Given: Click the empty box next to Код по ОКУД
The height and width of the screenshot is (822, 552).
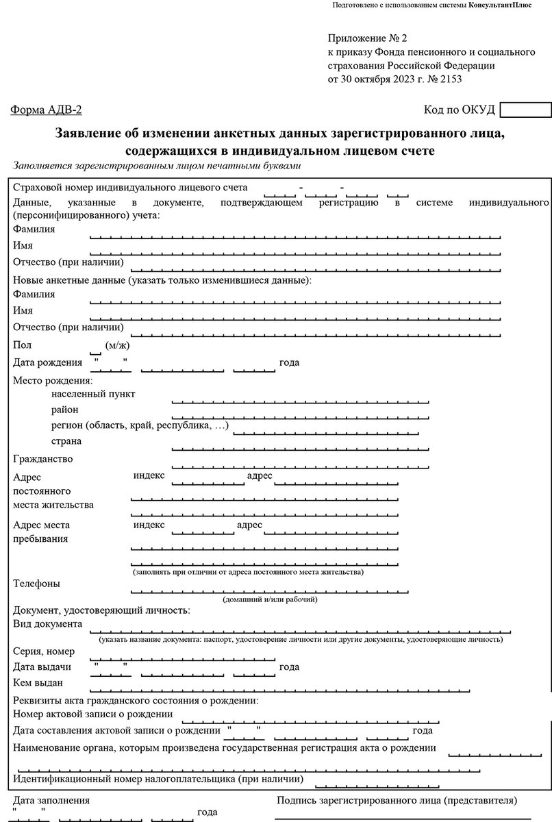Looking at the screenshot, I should click(525, 110).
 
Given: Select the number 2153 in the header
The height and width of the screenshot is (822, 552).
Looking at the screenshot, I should click(450, 79).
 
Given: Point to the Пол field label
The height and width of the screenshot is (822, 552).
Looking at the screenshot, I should click(22, 345).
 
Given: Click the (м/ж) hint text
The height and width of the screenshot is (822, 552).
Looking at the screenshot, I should click(117, 346).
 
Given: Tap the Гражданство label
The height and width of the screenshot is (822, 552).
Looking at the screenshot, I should click(42, 458).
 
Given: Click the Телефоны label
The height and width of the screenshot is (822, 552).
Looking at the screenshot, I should click(36, 584).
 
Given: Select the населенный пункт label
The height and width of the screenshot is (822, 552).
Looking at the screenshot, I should click(93, 394).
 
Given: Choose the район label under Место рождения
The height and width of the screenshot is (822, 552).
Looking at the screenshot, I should click(65, 410).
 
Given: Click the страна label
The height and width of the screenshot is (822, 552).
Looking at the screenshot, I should click(66, 441).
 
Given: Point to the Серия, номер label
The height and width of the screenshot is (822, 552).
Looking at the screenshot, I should click(44, 651).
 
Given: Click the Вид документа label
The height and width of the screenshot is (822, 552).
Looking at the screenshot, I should click(48, 624).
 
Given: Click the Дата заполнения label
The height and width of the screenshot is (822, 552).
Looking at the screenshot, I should click(51, 800).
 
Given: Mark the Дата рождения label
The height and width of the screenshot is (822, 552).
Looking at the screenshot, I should click(47, 362).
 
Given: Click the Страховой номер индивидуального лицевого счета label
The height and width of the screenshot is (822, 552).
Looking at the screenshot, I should click(130, 187).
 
